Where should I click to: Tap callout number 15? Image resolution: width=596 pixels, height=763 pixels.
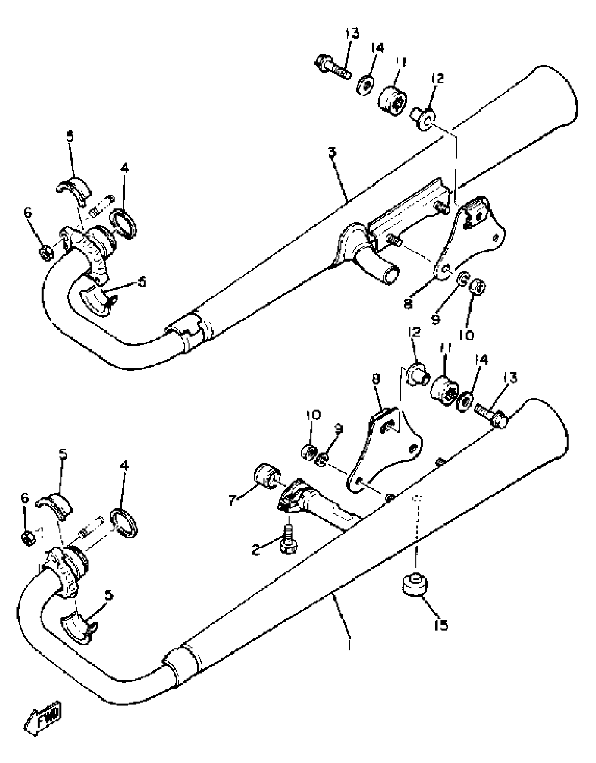coord(441,625)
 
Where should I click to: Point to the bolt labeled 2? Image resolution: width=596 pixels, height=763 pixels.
coord(288,541)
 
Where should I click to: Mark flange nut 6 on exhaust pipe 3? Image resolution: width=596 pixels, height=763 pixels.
coord(46,252)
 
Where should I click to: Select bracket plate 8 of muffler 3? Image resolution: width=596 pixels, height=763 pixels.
coord(470,239)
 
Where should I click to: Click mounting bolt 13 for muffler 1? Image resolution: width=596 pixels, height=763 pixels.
coord(491,414)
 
